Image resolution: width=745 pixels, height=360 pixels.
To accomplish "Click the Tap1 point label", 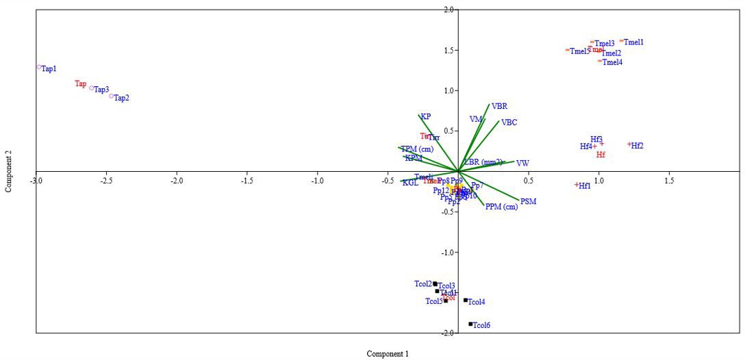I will point(49,69).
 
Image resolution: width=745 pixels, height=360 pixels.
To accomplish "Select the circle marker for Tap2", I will point(112,96).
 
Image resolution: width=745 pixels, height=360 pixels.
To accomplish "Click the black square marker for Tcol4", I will point(466,300).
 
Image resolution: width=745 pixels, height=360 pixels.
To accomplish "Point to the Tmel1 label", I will point(634,42).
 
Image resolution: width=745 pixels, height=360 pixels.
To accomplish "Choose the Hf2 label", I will point(637,146).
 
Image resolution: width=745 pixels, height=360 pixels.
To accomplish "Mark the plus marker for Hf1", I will point(577,185).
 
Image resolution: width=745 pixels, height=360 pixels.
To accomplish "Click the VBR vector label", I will point(500,107).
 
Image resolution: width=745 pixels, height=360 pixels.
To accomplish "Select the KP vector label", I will point(426,117).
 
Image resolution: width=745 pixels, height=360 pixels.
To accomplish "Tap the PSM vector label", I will point(528,202).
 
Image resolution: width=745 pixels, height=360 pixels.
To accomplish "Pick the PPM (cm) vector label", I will point(501,207).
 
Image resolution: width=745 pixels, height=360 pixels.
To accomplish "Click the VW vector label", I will point(522,164).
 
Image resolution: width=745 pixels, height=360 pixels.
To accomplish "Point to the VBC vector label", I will point(509,123).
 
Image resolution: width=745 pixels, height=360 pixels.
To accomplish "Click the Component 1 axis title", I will point(388,354).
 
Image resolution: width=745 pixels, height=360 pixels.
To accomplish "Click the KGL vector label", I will point(410,183).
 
